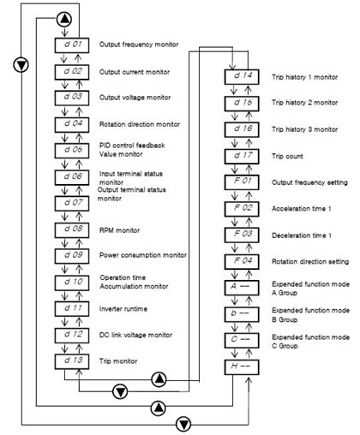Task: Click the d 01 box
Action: tap(72, 45)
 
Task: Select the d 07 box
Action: tap(72, 204)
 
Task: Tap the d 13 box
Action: tap(72, 361)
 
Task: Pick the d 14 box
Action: tap(242, 77)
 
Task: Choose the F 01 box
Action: tap(242, 182)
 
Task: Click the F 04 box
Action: tap(242, 262)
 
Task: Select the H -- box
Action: tap(242, 367)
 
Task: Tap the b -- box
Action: tap(242, 314)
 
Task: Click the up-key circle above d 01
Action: tap(64, 19)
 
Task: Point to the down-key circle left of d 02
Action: tap(21, 65)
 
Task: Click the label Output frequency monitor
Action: tap(139, 45)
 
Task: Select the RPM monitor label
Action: tap(119, 230)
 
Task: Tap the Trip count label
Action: tap(287, 157)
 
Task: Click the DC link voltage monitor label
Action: tap(135, 335)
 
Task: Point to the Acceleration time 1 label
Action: tap(302, 209)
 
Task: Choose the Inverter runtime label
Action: tap(123, 309)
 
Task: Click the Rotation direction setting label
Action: tap(310, 262)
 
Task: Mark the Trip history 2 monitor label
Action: tap(305, 103)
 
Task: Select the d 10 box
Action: tap(72, 283)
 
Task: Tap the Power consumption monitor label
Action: tap(143, 255)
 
